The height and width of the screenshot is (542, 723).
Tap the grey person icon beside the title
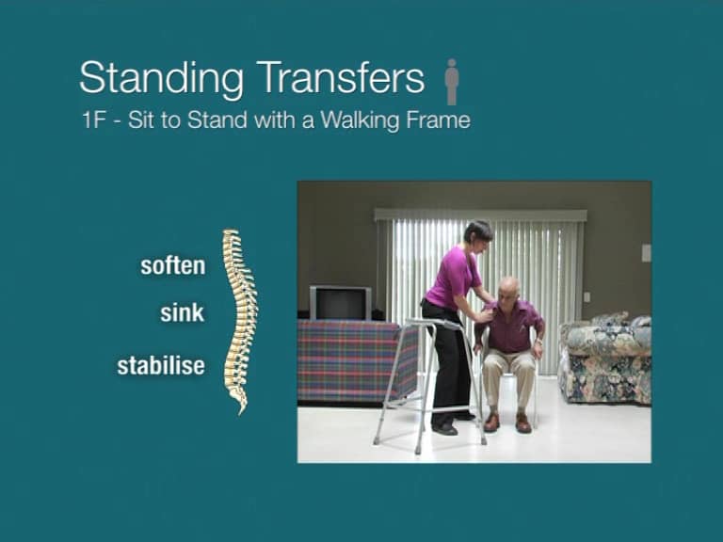pyautogui.click(x=452, y=81)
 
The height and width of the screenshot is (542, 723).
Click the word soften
pyautogui.click(x=172, y=265)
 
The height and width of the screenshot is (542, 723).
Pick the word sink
pyautogui.click(x=182, y=313)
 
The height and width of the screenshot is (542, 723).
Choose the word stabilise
pyautogui.click(x=161, y=365)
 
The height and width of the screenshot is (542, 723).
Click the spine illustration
pyautogui.click(x=237, y=320)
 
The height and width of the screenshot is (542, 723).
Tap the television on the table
pyautogui.click(x=340, y=303)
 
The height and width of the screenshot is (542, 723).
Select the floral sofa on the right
pyautogui.click(x=604, y=358)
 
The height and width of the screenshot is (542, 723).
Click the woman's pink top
pyautogui.click(x=454, y=277)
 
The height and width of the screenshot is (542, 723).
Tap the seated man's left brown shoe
pyautogui.click(x=523, y=422)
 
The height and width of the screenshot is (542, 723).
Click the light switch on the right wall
pyautogui.click(x=645, y=252)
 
